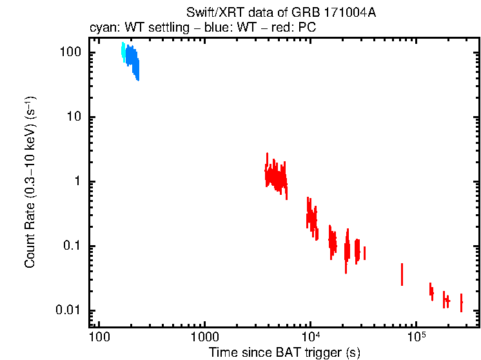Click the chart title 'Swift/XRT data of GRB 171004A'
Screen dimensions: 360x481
[280, 14]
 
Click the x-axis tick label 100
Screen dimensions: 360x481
[99, 337]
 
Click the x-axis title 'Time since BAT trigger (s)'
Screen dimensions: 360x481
[284, 352]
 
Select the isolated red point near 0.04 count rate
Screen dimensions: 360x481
[402, 274]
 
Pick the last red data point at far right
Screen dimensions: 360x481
[461, 302]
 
